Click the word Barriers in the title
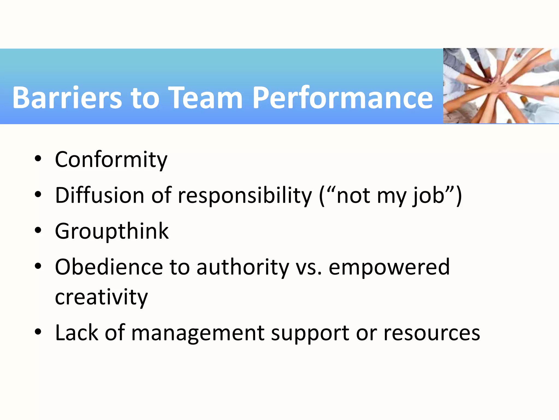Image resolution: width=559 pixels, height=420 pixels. click(67, 98)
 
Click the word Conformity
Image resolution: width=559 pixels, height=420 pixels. click(111, 160)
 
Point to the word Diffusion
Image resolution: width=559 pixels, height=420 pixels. click(99, 196)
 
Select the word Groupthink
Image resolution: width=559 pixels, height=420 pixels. click(112, 232)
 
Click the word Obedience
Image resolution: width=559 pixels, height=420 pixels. click(109, 267)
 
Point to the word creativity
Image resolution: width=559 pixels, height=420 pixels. click(101, 297)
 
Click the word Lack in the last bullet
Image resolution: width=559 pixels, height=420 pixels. click(76, 333)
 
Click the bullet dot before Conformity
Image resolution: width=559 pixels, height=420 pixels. click(38, 159)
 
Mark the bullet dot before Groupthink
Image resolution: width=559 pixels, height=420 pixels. click(38, 230)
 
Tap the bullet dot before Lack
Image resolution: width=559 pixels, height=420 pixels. click(38, 332)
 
